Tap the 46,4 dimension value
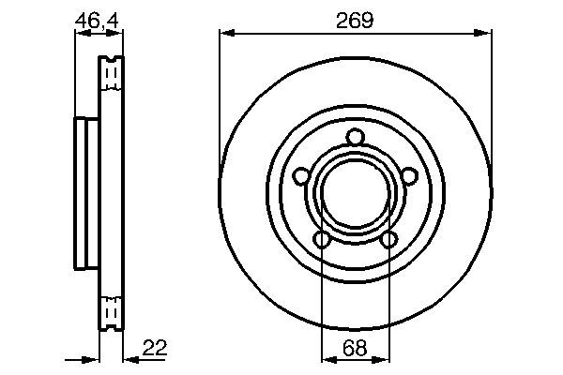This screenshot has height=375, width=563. coord(99,18)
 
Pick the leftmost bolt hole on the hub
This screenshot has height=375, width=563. coord(300,176)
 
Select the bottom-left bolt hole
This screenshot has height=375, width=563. coord(322,240)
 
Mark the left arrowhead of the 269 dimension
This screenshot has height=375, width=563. coord(225,34)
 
